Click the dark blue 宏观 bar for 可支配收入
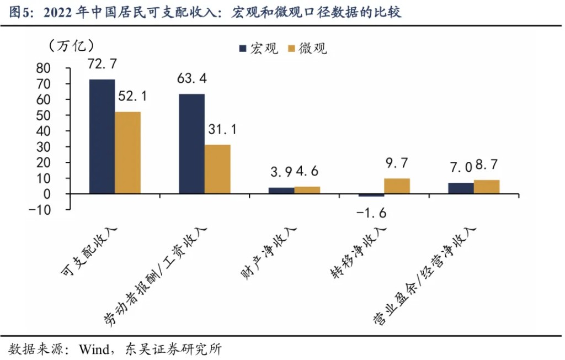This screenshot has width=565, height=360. [102, 136]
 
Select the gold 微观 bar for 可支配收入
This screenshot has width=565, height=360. [127, 153]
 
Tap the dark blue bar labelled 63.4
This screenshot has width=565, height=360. [191, 144]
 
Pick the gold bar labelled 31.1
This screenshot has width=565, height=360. [217, 170]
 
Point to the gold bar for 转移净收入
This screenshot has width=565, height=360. [397, 186]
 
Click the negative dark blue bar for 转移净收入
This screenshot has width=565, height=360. [371, 195]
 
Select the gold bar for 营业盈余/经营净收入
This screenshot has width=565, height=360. [486, 187]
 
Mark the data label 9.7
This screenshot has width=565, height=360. [397, 163]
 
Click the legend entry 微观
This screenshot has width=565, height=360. [307, 49]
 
